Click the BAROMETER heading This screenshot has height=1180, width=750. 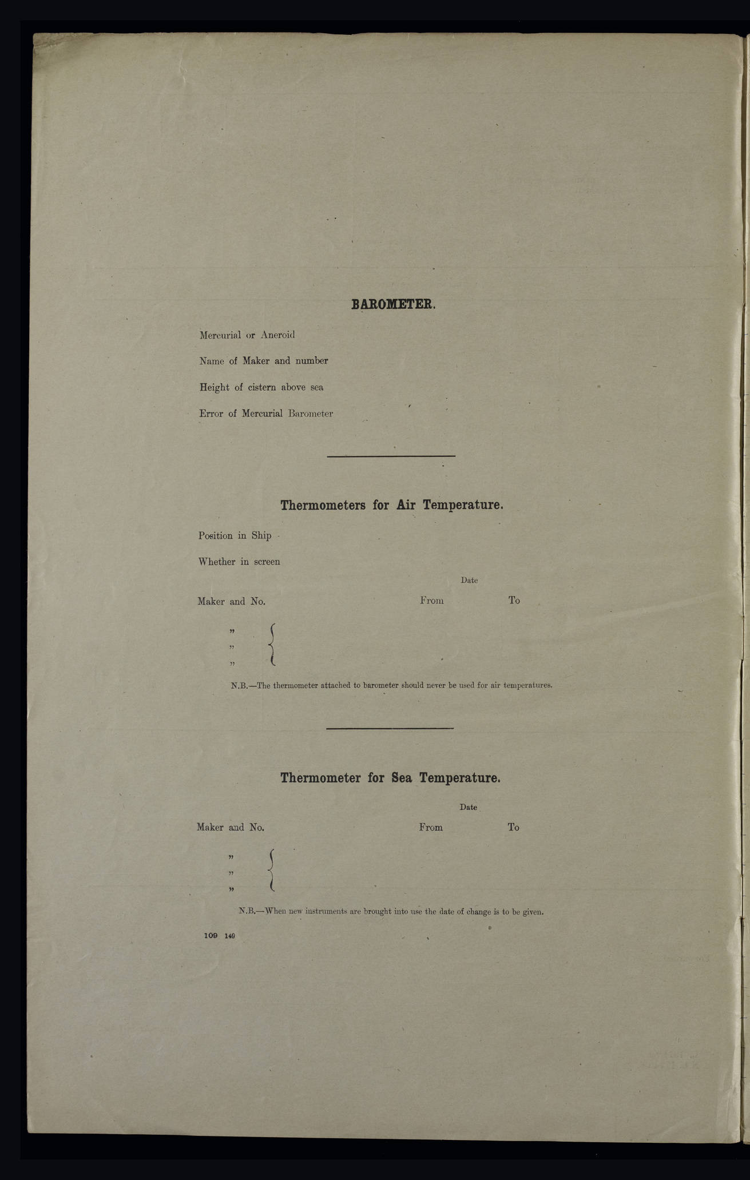pyautogui.click(x=393, y=304)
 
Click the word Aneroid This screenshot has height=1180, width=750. pyautogui.click(x=277, y=335)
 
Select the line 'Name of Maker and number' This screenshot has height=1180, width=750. pyautogui.click(x=263, y=361)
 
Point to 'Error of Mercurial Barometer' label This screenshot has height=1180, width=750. pyautogui.click(x=265, y=414)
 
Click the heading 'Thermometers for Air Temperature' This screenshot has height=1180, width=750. pyautogui.click(x=392, y=505)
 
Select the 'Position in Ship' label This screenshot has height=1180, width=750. pyautogui.click(x=235, y=536)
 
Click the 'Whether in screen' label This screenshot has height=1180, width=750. pyautogui.click(x=239, y=562)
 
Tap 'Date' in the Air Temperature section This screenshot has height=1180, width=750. pyautogui.click(x=469, y=580)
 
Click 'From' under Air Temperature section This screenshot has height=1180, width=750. pyautogui.click(x=432, y=601)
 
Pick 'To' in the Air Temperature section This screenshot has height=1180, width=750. pyautogui.click(x=514, y=601)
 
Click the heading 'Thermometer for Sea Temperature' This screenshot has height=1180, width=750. pyautogui.click(x=391, y=778)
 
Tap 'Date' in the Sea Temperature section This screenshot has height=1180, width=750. pyautogui.click(x=468, y=807)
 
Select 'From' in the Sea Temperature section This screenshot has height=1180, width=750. pyautogui.click(x=431, y=827)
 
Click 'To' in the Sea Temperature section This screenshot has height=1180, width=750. pyautogui.click(x=513, y=827)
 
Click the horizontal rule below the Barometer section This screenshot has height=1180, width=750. pyautogui.click(x=391, y=456)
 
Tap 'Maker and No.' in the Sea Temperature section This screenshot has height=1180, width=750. pyautogui.click(x=231, y=827)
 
